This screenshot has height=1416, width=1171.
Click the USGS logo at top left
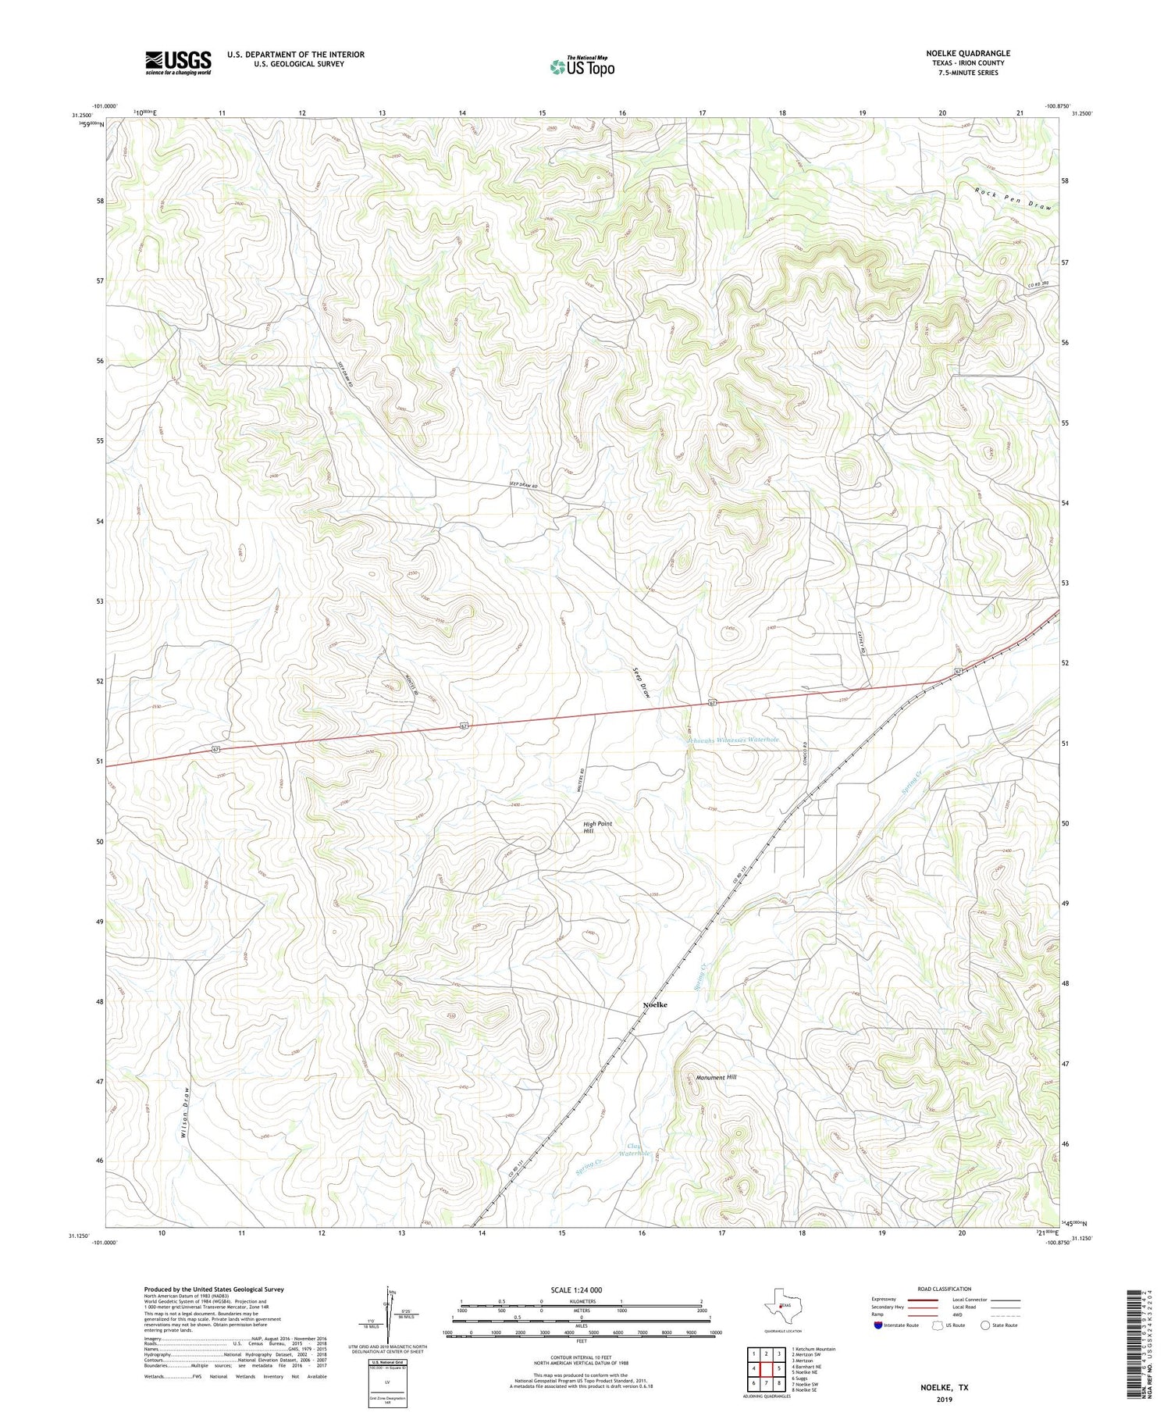[178, 62]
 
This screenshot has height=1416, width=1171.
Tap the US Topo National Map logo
[582, 66]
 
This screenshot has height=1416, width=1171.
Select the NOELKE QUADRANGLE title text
[967, 53]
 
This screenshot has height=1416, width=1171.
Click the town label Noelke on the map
[654, 1004]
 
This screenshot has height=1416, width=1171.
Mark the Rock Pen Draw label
[1013, 199]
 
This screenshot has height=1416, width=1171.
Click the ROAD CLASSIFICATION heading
[944, 1289]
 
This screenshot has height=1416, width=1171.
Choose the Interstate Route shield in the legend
[878, 1325]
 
